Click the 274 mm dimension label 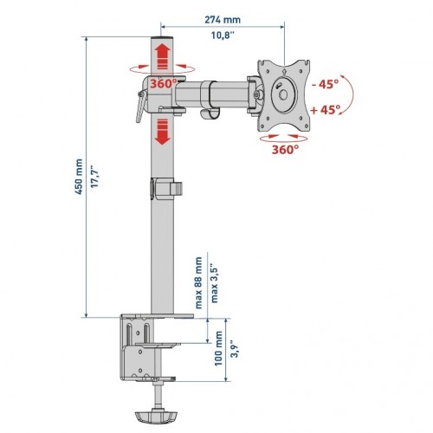pyautogui.click(x=223, y=20)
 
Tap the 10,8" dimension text pyautogui.click(x=223, y=36)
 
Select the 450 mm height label pyautogui.click(x=79, y=177)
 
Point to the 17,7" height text pyautogui.click(x=95, y=177)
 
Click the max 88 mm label pyautogui.click(x=199, y=283)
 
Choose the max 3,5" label pyautogui.click(x=215, y=283)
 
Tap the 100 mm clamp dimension pyautogui.click(x=218, y=348)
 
